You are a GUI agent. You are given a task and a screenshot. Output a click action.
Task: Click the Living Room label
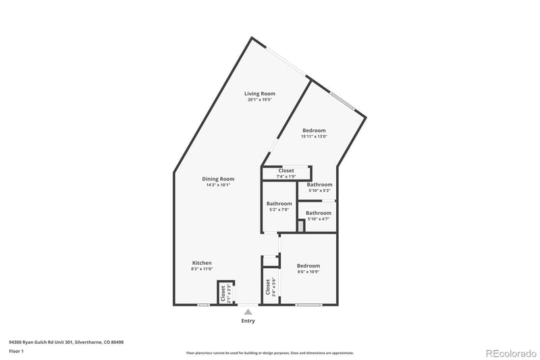260,94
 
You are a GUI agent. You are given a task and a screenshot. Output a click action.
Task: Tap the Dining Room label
218,179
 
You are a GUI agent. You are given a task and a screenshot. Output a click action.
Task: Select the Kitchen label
202,263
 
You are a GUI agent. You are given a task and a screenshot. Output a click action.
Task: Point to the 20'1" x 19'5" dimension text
260,100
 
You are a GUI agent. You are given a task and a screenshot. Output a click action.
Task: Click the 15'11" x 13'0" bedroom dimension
314,136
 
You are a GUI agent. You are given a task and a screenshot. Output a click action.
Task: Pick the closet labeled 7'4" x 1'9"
286,174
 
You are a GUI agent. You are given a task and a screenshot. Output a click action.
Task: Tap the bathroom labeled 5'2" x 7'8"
279,207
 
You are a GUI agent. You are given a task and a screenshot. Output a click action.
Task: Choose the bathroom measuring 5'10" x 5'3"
319,187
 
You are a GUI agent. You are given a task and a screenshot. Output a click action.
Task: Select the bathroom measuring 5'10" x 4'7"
319,215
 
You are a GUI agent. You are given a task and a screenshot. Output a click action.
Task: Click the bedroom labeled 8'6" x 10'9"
308,269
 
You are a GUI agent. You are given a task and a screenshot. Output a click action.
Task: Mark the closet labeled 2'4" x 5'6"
269,287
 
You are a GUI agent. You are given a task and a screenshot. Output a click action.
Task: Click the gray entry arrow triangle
248,312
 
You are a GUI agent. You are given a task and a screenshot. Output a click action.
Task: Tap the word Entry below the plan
248,321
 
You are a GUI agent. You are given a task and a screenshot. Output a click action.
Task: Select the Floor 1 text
16,351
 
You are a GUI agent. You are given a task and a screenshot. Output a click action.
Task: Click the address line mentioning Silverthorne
66,342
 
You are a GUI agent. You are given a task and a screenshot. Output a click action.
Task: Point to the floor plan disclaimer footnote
270,353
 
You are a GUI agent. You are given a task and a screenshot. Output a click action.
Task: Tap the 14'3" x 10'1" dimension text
218,185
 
